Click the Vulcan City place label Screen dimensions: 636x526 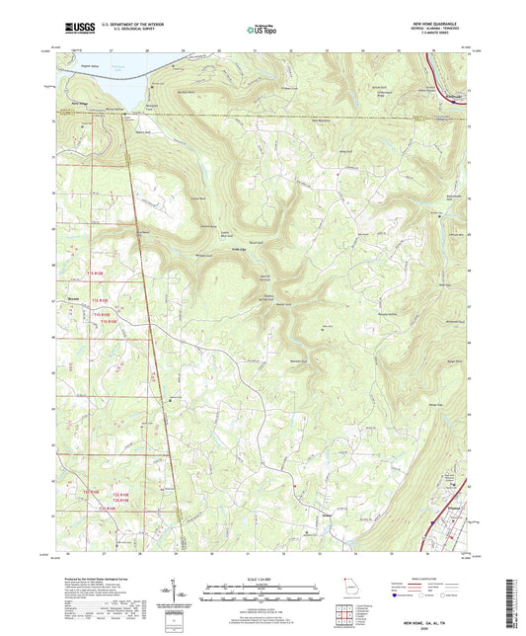pos(239,250)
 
